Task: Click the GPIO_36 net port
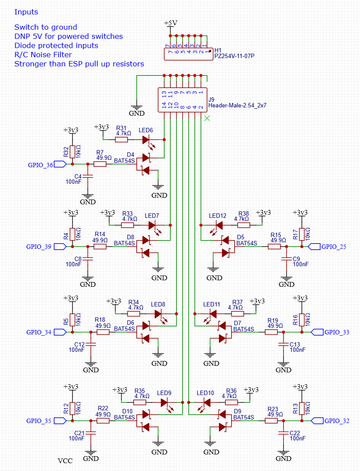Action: coord(60,164)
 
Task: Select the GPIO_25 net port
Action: coord(314,247)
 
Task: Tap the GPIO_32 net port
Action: coord(317,421)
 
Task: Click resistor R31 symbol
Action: coord(121,140)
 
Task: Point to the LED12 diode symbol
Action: coord(218,227)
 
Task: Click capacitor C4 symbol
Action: coord(88,176)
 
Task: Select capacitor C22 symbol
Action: coord(283,433)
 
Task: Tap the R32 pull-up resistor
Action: coord(73,152)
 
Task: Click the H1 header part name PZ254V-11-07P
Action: coord(234,56)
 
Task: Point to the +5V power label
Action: coord(170,23)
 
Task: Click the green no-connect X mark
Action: coord(207,118)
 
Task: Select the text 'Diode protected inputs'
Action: coord(56,46)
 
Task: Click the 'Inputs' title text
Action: coord(26,12)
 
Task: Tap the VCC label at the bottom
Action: coord(65,461)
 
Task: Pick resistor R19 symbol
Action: coord(271,332)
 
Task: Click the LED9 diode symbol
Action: coord(166,404)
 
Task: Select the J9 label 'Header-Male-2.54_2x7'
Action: coord(237,106)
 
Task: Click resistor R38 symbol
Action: coord(243,225)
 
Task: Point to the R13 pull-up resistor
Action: coord(301,409)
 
